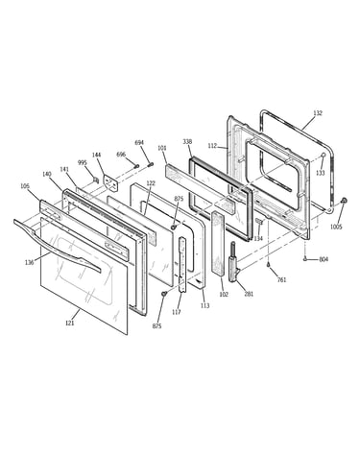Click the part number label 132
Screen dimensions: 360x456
318,113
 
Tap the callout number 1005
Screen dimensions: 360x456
336,227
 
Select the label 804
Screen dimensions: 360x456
324,259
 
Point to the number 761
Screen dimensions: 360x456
281,279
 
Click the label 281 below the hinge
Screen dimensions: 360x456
249,294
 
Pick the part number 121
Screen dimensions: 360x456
70,323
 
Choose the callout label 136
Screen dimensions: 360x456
30,263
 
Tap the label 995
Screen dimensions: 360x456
83,163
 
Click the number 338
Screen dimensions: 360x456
187,141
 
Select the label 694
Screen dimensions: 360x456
139,143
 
